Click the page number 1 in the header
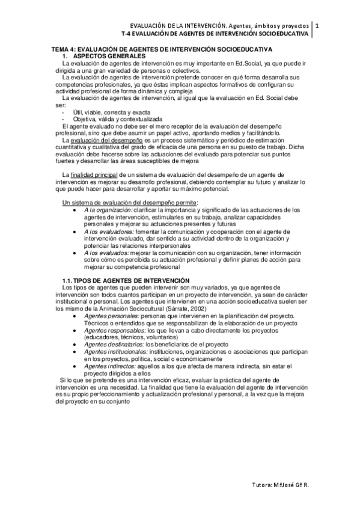pyautogui.click(x=318, y=26)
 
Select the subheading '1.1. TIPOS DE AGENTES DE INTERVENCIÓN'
pyautogui.click(x=126, y=281)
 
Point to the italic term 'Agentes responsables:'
pyautogui.click(x=115, y=330)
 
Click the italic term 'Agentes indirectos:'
pyautogui.click(x=111, y=366)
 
